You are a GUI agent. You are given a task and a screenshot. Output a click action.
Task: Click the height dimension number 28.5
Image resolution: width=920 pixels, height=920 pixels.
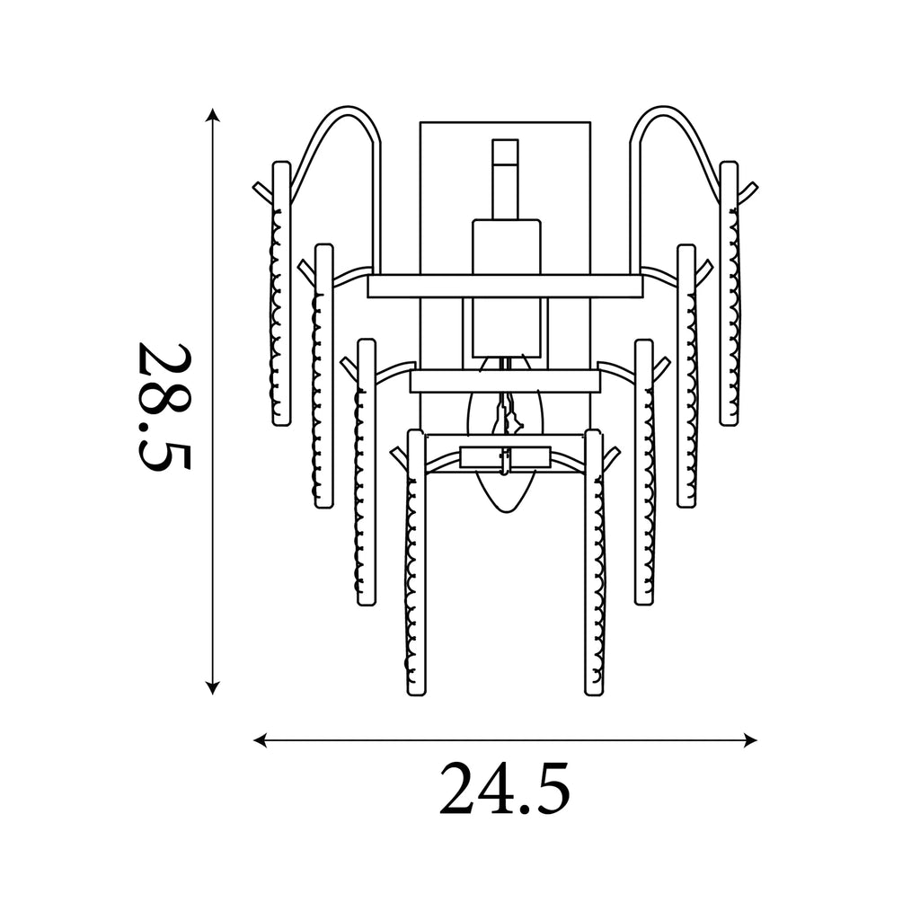[x=164, y=406]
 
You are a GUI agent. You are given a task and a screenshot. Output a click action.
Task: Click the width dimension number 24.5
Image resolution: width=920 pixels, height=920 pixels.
[x=505, y=788]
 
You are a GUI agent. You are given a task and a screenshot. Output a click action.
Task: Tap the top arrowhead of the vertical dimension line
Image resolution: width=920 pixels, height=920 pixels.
[x=213, y=114]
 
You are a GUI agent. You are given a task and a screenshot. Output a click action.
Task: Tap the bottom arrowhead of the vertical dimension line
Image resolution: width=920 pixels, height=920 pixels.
[x=213, y=687]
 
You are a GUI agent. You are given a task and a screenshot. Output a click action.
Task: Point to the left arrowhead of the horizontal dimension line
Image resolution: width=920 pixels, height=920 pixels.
[x=260, y=740]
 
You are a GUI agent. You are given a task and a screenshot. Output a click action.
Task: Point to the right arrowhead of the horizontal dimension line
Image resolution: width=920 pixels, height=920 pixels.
[x=750, y=740]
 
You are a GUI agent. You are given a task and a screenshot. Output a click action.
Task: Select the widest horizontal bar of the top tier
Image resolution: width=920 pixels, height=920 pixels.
[x=505, y=287]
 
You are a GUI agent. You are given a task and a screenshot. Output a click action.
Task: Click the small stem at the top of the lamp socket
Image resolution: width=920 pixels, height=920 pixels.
[x=505, y=179]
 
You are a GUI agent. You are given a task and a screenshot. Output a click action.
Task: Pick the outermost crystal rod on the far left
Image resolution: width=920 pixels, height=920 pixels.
[x=281, y=294]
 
